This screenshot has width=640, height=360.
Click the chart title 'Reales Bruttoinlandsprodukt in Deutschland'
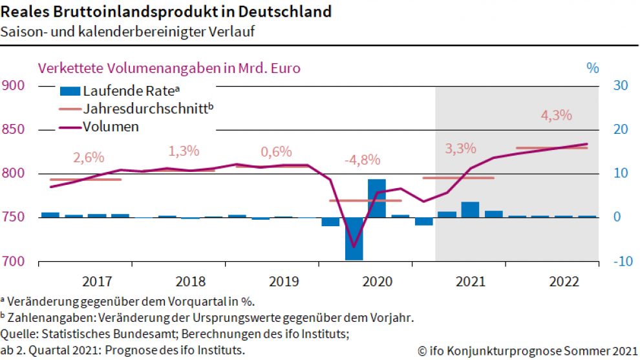[x=167, y=12]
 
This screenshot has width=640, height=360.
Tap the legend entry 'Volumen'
[x=110, y=127]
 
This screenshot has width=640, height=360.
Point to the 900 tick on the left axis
[x=13, y=86]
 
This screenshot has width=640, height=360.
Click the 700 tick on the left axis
[x=13, y=262]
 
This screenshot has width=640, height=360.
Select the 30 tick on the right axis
[x=621, y=86]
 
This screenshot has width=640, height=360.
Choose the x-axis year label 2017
[x=97, y=282]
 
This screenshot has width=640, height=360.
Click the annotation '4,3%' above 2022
[x=556, y=116]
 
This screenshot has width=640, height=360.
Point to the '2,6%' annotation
[x=89, y=158]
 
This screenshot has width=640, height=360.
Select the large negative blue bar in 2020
[x=354, y=238]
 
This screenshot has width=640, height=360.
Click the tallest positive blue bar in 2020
[x=377, y=198]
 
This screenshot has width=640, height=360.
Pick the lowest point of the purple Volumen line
[x=354, y=247]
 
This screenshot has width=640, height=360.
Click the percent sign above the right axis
[x=593, y=68]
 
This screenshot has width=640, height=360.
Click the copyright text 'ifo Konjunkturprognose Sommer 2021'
[x=531, y=351]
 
